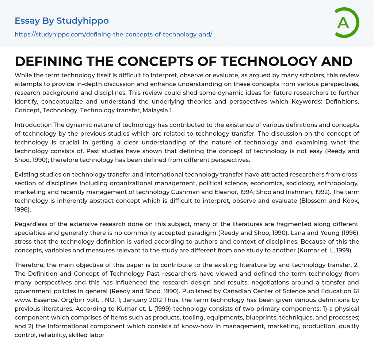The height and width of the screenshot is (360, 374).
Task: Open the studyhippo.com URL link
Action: coord(113,34)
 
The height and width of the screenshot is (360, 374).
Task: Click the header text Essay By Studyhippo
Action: coord(62,21)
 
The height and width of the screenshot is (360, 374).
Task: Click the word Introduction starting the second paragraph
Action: coord(33,125)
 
